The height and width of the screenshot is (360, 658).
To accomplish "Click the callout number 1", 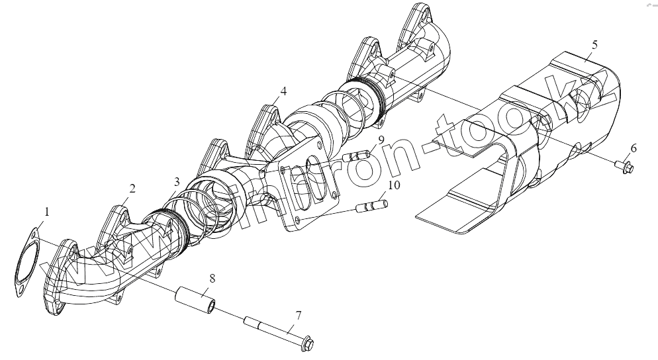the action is pos(47,212).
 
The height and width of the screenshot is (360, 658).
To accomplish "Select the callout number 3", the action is pos(176,181).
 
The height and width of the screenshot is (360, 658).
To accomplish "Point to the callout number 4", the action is pos(283,91).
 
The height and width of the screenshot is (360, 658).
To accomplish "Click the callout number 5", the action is pos(594,44).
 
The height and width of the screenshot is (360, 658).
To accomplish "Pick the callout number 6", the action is pos(633,148).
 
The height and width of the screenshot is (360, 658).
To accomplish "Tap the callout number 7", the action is pos(299,316).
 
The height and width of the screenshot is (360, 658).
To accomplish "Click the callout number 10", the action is pos(394,186).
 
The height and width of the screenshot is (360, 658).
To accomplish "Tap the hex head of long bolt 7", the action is pos(305,343).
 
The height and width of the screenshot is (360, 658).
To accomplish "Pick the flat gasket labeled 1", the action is pos(27,259).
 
